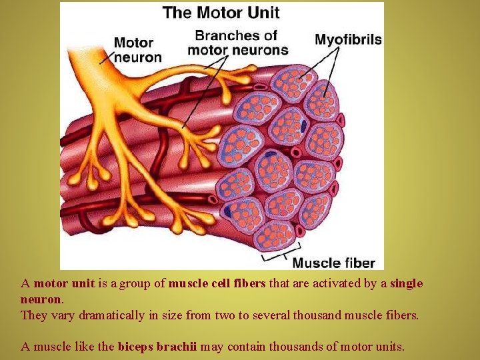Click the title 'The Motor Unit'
(221, 12)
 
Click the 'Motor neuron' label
(138, 50)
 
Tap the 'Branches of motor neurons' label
(238, 42)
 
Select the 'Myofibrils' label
(348, 39)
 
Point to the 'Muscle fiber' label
(333, 263)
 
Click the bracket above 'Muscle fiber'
(275, 256)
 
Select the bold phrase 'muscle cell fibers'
(217, 283)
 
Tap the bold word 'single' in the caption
(406, 283)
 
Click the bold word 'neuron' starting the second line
(41, 299)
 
